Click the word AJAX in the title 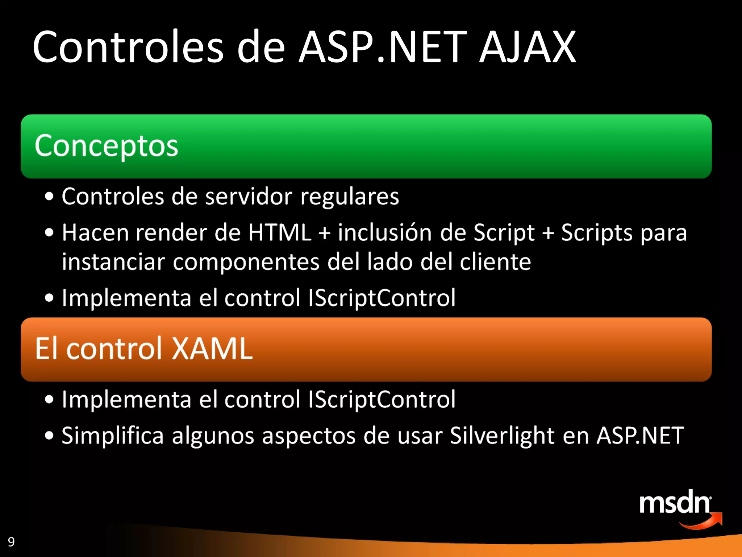(x=528, y=47)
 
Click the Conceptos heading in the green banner (x=107, y=146)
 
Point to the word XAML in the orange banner (x=212, y=348)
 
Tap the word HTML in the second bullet (x=280, y=232)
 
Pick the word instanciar (x=113, y=262)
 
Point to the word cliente (x=495, y=262)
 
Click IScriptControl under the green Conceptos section (x=382, y=298)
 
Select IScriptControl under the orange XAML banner (x=382, y=400)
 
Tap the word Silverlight (x=502, y=436)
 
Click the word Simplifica (x=113, y=436)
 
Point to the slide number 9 (x=11, y=542)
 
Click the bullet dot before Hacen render (x=49, y=233)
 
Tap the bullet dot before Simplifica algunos (x=49, y=436)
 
